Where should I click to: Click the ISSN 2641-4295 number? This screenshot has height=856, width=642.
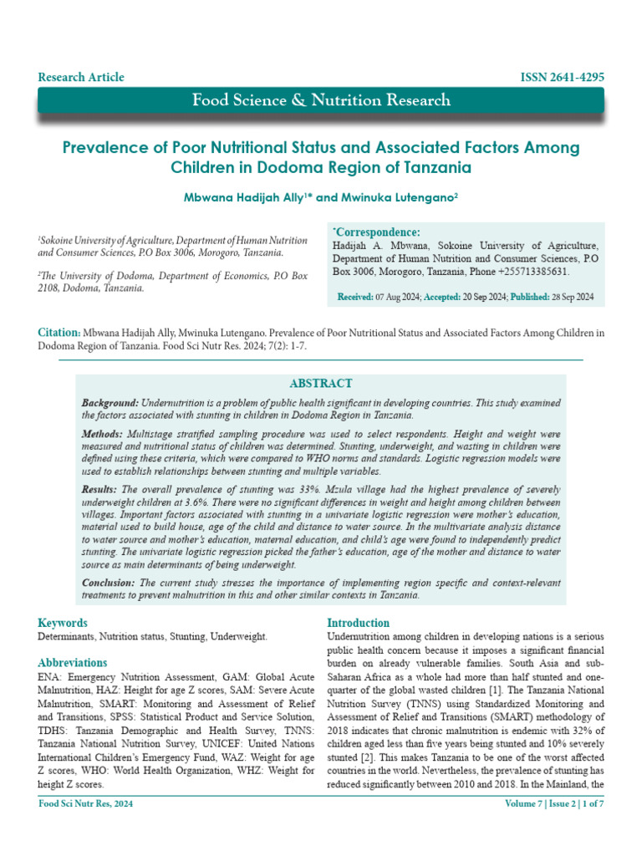[x=562, y=77]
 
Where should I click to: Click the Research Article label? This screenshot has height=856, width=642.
[x=81, y=77]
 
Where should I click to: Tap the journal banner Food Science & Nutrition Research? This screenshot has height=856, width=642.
[x=321, y=100]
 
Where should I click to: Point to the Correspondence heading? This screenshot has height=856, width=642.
[x=377, y=232]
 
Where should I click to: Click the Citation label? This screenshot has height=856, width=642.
[x=59, y=333]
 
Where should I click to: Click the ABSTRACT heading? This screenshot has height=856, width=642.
[x=320, y=383]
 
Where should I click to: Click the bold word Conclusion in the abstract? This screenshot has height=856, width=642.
[x=110, y=583]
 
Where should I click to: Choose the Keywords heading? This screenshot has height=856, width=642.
[x=63, y=623]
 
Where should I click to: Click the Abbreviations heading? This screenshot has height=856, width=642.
[x=73, y=663]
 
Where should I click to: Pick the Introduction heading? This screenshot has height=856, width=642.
[x=358, y=623]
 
